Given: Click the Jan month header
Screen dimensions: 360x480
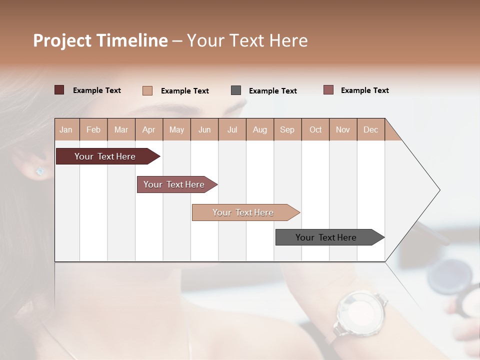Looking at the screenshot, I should [66, 129].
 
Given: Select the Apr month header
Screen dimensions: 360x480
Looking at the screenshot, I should [148, 129].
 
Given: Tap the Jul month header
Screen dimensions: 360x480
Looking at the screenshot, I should [232, 129].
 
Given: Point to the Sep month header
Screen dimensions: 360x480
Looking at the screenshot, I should [287, 129].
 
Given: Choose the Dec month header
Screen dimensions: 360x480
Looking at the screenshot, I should [370, 129].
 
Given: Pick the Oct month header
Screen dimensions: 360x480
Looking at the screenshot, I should [315, 129].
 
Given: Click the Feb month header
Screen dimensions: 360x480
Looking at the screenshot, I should [93, 129].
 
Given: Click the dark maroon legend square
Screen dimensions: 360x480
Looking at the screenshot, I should [59, 90].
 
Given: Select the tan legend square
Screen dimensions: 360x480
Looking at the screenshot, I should [147, 90].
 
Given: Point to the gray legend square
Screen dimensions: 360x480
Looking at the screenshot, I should [236, 90].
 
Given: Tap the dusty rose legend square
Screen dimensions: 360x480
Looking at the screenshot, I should [328, 90].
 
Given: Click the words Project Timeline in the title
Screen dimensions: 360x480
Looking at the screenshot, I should [100, 40].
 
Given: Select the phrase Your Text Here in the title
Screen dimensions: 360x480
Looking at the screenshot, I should [247, 40].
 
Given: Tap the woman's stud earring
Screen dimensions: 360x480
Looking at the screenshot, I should [40, 171].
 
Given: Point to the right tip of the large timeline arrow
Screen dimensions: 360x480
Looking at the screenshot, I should [439, 190].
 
